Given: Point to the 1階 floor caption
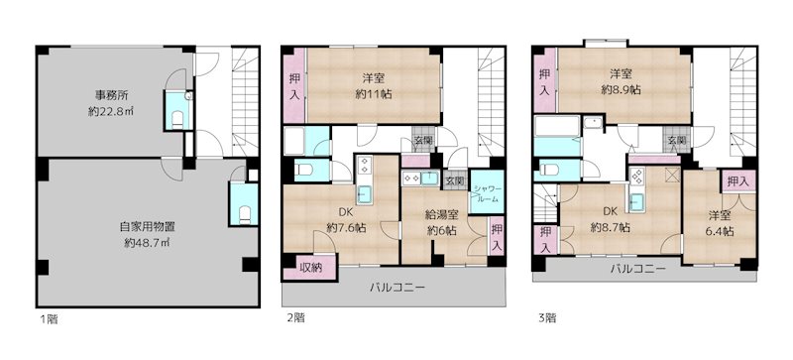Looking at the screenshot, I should pos(48,318).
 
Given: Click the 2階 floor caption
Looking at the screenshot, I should pos(294,318).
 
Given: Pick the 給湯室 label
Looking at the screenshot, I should pos(441,214).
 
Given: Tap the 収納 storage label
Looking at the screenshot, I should pos(310,265).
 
